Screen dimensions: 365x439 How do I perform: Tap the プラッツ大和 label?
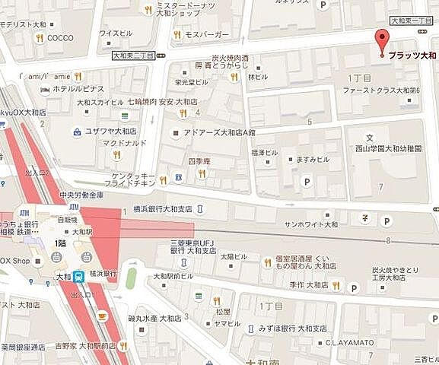[412, 56]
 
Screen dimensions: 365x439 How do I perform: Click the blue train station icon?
[80, 278]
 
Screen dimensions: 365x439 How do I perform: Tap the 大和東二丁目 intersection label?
[133, 56]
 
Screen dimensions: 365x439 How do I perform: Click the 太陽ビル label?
[230, 257]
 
